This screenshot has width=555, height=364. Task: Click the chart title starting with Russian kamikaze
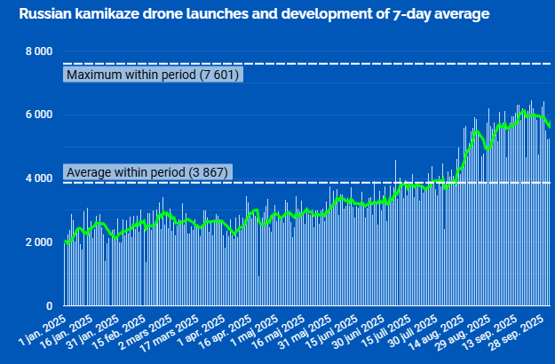pyautogui.click(x=254, y=14)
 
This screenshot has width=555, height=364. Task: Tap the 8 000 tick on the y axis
pyautogui.click(x=39, y=51)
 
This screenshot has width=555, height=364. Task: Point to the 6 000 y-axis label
pyautogui.click(x=39, y=115)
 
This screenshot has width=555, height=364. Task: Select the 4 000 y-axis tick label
pyautogui.click(x=39, y=178)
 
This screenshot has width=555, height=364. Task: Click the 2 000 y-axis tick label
pyautogui.click(x=39, y=242)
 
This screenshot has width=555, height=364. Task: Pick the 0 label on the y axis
pyautogui.click(x=49, y=305)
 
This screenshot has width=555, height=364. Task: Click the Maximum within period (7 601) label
pyautogui.click(x=153, y=75)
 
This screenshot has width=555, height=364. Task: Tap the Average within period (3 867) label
pyautogui.click(x=147, y=172)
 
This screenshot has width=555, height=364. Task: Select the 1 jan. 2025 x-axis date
pyautogui.click(x=43, y=330)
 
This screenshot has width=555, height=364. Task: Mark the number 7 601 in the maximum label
pyautogui.click(x=219, y=75)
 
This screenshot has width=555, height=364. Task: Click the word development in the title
pyautogui.click(x=327, y=14)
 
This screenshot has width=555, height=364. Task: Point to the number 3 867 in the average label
pyautogui.click(x=209, y=172)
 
